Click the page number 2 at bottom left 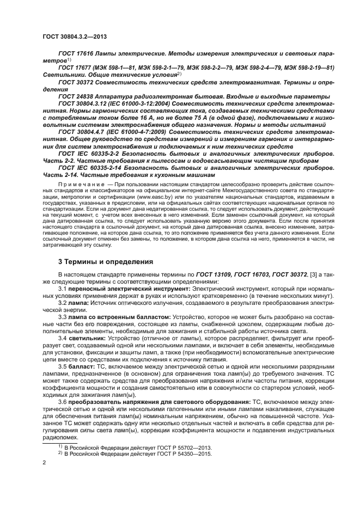[44, 462]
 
